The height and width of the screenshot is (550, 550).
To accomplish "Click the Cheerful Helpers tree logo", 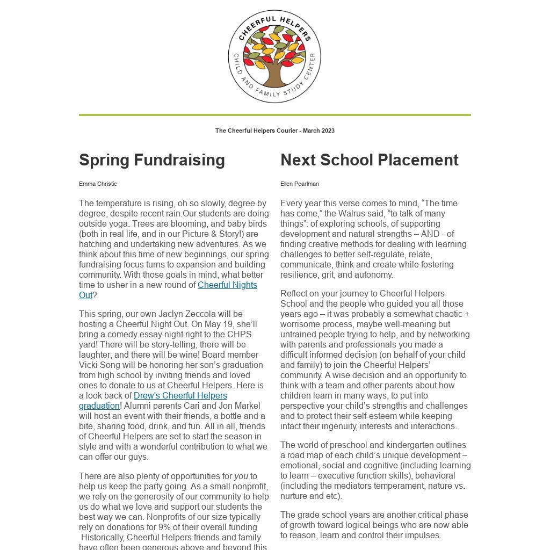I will [274, 56].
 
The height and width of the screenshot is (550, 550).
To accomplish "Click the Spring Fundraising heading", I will [152, 160].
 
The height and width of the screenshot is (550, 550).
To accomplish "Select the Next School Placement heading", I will [370, 160].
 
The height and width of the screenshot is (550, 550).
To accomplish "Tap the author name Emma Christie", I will [98, 184].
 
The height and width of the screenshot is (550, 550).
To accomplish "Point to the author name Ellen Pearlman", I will [300, 184].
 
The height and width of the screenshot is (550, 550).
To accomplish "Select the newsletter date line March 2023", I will [319, 131].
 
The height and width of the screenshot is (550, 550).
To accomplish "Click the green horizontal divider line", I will [274, 115].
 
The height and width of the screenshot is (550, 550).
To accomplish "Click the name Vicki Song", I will [100, 365].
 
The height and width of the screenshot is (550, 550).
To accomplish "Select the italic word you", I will [241, 476].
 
